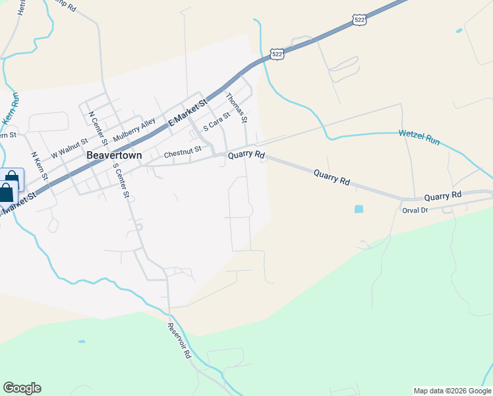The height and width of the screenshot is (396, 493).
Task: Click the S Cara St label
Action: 217,120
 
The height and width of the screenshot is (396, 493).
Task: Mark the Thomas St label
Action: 236,108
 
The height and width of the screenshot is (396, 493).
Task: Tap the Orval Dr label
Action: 415,210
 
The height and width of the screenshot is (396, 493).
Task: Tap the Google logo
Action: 22,388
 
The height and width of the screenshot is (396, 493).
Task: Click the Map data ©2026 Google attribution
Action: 452,391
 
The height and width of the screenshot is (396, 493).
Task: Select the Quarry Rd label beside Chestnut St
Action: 246,156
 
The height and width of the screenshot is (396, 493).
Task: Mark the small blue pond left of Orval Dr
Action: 358,209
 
